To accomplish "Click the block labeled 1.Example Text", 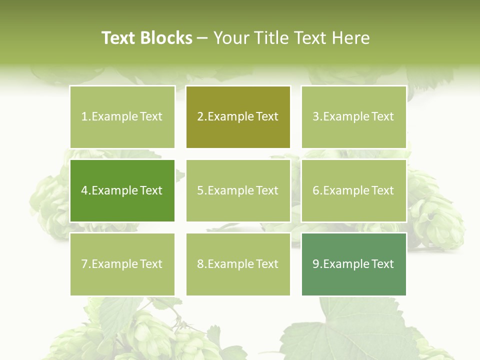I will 122,116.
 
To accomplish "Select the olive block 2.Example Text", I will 238,116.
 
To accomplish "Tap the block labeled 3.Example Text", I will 353,116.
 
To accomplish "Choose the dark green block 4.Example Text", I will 122,190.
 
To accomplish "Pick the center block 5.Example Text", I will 238,190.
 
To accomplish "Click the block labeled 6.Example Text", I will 353,190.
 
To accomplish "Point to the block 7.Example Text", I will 122,264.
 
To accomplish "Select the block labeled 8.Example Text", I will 238,264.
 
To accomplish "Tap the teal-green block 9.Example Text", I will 353,264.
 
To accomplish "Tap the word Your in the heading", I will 229,38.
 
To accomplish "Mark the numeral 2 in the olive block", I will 200,116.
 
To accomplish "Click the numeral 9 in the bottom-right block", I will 316,264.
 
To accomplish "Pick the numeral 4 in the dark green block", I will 84,190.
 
